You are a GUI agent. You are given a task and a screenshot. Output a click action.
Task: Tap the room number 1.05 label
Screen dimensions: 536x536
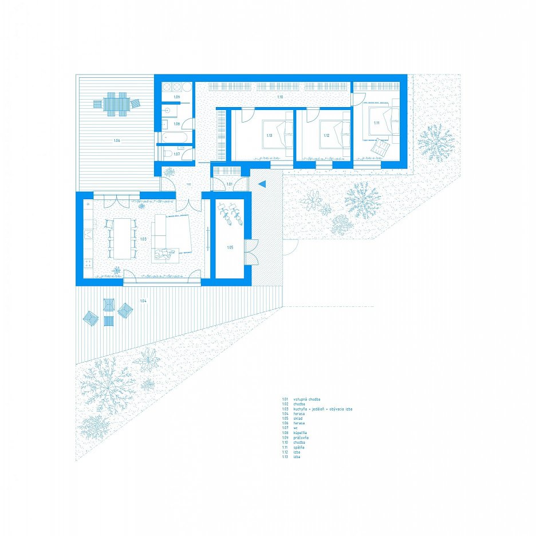click(230, 247)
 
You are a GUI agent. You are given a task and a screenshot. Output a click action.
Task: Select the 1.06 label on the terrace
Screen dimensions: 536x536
click(117, 140)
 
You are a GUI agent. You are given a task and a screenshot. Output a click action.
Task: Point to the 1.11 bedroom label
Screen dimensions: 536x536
click(376, 124)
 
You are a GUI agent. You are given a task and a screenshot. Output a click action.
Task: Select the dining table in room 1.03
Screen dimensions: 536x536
click(122, 238)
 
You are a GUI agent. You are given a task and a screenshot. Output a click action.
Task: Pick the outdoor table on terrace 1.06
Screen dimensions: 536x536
click(115, 104)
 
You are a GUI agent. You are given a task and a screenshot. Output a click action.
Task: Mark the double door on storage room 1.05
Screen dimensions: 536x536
click(250, 252)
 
